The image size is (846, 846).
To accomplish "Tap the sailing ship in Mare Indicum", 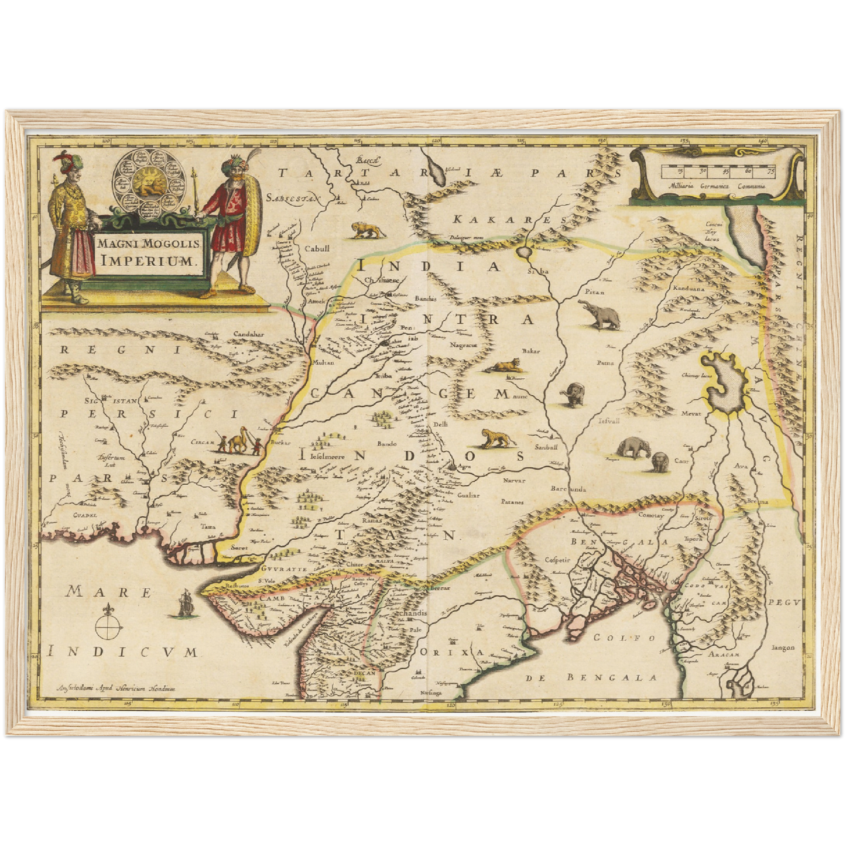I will (185, 603).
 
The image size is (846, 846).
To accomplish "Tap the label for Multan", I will (324, 362).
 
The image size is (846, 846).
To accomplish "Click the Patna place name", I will (605, 363).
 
